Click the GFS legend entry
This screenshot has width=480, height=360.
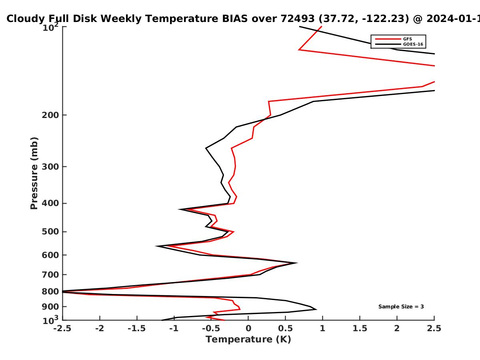point(394,39)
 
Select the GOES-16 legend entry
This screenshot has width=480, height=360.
point(399,44)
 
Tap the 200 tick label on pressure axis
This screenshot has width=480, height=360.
point(50,115)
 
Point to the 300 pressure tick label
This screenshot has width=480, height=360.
point(50,167)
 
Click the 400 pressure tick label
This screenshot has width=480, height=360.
point(50,203)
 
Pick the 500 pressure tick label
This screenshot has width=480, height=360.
point(50,232)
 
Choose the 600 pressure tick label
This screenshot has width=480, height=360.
point(50,255)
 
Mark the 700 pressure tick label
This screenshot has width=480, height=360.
point(50,275)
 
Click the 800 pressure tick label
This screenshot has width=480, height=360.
point(50,292)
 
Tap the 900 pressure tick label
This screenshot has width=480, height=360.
point(50,307)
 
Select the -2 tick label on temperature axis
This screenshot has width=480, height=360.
point(100,328)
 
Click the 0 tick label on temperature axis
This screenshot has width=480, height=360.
point(248,328)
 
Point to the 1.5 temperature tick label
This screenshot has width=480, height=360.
point(360,328)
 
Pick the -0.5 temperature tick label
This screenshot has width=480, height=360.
point(211,328)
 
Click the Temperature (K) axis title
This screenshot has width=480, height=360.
point(248,340)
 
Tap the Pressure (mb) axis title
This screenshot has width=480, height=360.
point(34,173)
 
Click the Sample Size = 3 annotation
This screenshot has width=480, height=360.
point(401,307)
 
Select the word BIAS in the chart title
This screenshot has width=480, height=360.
point(235,19)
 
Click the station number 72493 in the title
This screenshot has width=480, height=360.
point(298,19)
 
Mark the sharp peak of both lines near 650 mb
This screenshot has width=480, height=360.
point(296,263)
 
